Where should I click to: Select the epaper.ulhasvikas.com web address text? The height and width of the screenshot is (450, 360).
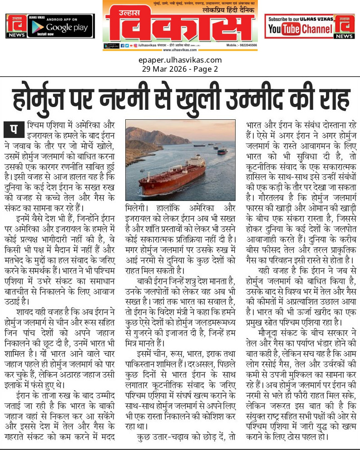[x=180, y=60]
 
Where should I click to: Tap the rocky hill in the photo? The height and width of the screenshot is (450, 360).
[x=145, y=136]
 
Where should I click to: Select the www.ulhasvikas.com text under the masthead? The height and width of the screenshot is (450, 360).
[x=180, y=50]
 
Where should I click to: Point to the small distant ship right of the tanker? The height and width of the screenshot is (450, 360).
[x=221, y=152]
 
